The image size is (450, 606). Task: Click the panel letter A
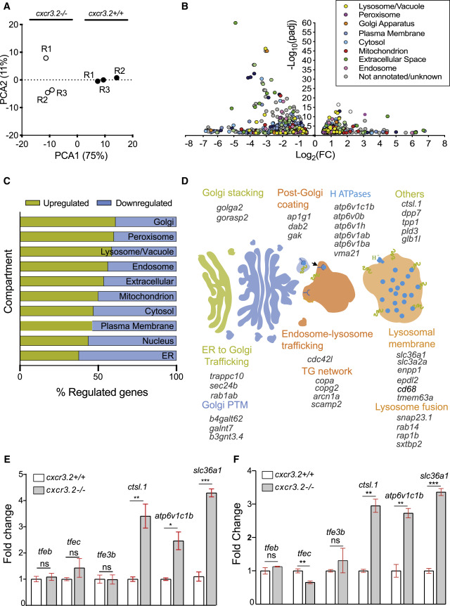click(x=8, y=8)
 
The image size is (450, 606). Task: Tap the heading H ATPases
click(x=351, y=193)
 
